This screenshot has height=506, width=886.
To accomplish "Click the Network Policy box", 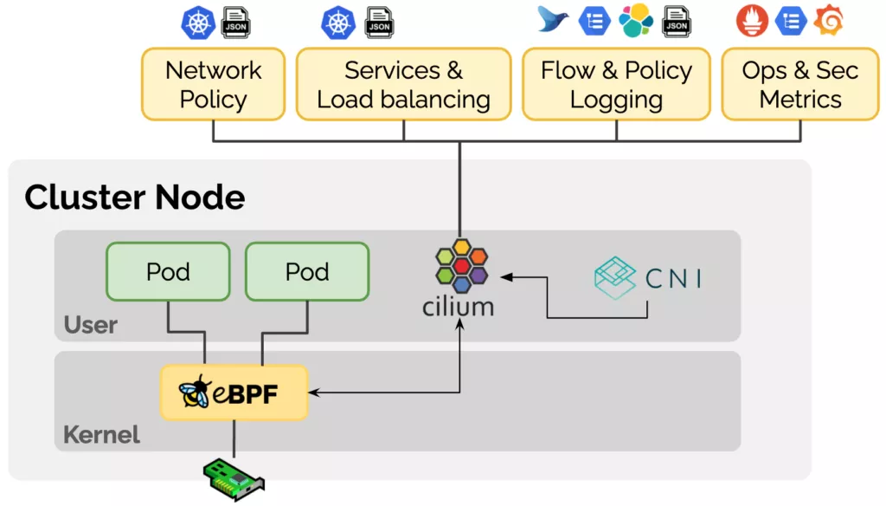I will [x=213, y=84].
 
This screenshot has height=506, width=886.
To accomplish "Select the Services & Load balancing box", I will [x=403, y=84].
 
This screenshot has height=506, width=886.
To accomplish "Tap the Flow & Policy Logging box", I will [x=616, y=84].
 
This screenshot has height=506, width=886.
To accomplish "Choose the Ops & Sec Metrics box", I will [x=800, y=84].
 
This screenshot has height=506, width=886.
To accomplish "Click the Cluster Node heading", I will [x=135, y=198].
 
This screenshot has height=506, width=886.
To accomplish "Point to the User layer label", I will [x=90, y=326].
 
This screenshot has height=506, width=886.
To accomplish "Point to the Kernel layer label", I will [x=101, y=434].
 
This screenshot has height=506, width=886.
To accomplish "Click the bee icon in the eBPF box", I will [x=195, y=392].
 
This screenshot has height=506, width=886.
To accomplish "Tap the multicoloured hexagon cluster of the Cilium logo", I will [x=461, y=267].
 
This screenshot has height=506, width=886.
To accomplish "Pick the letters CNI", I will [x=673, y=278].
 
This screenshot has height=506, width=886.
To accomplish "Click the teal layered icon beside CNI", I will [x=615, y=277].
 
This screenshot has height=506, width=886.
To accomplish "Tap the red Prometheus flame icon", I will [x=752, y=21].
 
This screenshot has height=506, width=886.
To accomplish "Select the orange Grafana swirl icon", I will [x=828, y=21].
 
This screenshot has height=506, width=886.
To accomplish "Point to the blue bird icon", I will [x=553, y=19].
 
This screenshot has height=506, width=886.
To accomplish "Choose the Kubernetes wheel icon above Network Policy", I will [x=198, y=23].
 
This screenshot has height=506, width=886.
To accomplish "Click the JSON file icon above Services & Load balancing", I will [x=379, y=23].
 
